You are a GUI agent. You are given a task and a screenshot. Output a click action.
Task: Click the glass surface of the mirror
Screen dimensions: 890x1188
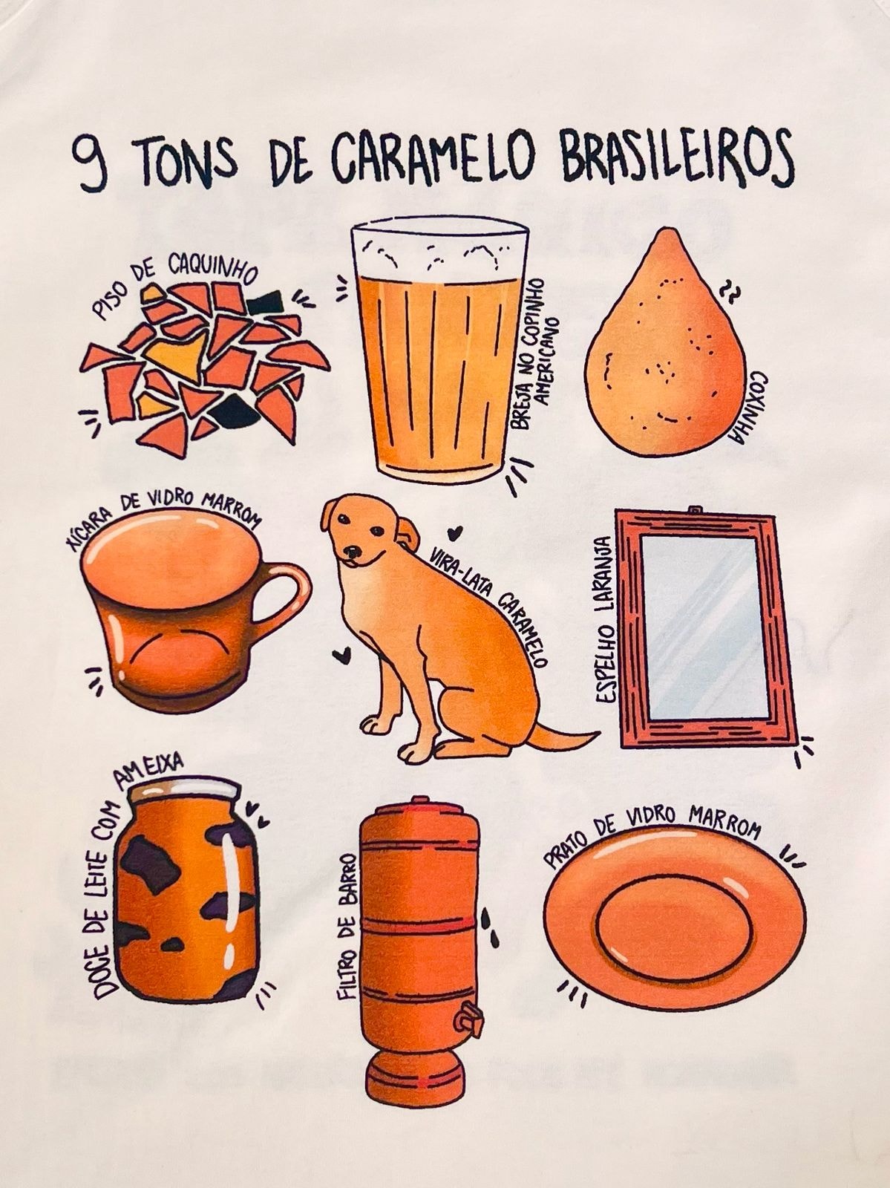pyautogui.click(x=705, y=628)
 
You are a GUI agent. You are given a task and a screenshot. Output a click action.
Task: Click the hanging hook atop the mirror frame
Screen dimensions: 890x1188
pyautogui.click(x=694, y=510)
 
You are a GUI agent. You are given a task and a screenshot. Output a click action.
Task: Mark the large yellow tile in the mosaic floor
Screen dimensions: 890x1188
pyautogui.click(x=176, y=354)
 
